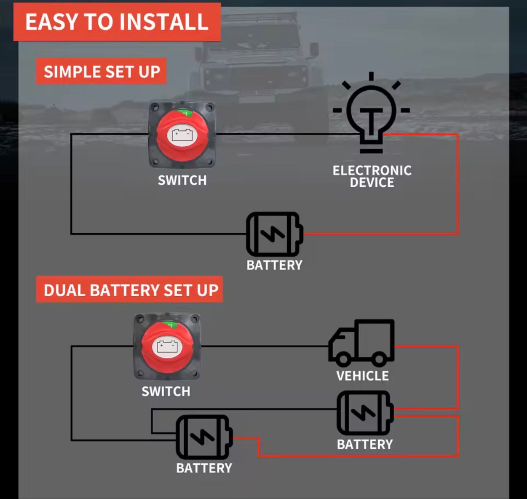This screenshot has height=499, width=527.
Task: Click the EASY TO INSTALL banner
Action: coord(117,22)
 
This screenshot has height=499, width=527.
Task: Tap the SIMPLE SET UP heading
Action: coord(101,72)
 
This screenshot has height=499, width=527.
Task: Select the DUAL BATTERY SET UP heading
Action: coord(131,290)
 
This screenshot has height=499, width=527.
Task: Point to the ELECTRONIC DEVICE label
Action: coord(372,176)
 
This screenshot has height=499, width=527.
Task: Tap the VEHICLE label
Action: coord(362,376)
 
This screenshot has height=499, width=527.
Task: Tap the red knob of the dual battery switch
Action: coord(167,347)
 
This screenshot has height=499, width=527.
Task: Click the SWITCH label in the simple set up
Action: coord(182,180)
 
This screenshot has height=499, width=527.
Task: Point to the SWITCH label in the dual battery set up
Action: coord(166,391)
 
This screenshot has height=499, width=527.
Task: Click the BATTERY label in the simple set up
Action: coord(274,265)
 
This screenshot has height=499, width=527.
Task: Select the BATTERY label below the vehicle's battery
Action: coord(365,444)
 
